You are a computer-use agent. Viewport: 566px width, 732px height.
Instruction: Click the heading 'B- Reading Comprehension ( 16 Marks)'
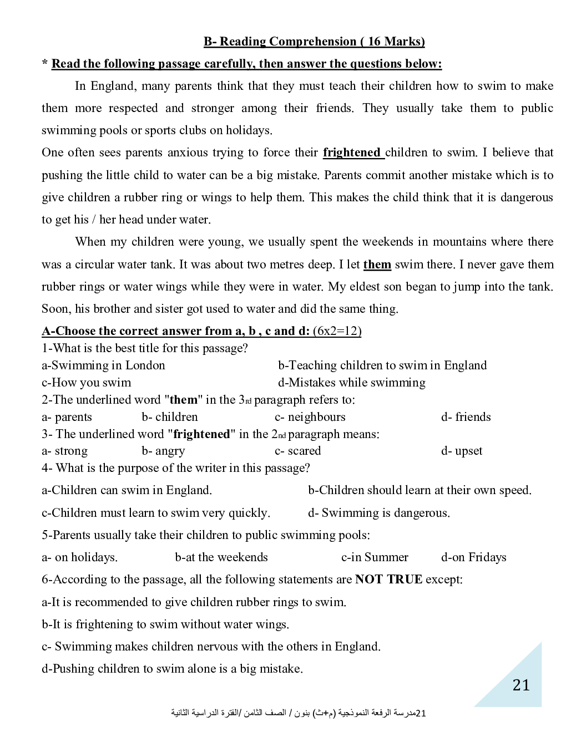[x=314, y=42]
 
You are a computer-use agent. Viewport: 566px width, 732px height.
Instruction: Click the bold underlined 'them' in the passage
[x=377, y=265]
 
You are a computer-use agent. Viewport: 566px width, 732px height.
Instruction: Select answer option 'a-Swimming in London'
[x=103, y=365]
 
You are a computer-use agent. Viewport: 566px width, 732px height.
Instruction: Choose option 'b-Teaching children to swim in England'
[x=382, y=365]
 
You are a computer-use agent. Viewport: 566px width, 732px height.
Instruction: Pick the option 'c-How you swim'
[x=87, y=383]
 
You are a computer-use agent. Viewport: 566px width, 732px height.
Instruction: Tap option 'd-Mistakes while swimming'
[x=352, y=383]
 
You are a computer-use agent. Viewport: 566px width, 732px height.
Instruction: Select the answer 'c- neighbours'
[x=310, y=417]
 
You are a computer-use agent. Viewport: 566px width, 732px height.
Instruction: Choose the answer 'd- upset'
[x=462, y=451]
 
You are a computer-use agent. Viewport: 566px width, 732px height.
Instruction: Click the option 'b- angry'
[x=163, y=451]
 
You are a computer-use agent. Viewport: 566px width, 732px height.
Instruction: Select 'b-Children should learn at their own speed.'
[x=420, y=490]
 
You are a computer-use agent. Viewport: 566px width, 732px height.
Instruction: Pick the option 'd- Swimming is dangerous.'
[x=379, y=513]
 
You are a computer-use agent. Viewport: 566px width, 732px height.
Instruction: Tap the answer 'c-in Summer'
[x=375, y=557]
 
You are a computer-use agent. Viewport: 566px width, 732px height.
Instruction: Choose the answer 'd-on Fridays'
[x=474, y=557]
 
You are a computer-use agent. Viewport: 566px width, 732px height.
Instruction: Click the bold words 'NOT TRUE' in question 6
[x=388, y=579]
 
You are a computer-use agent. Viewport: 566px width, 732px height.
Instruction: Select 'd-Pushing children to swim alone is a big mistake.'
[x=172, y=669]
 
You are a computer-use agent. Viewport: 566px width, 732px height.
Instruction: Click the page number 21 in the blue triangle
[x=521, y=685]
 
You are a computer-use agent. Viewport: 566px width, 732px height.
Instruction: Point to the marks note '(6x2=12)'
[x=337, y=331]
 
